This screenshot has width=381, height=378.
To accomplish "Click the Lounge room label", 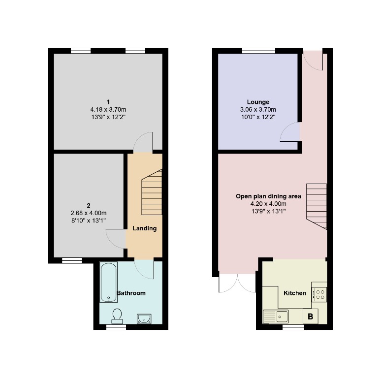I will coord(257,102).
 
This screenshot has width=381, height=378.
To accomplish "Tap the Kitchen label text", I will coord(295,293).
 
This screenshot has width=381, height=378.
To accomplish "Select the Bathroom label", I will coord(131,293).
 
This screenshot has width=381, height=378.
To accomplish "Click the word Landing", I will coord(144,228).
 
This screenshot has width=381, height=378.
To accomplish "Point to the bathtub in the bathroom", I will coord(108,282).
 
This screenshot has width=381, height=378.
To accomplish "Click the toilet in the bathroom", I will coord(117,315).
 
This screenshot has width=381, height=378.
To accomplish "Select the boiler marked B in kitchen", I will coord(310,316).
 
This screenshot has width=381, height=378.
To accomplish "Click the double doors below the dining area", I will coord(237,282).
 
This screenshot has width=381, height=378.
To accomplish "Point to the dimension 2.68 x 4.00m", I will coord(89,213).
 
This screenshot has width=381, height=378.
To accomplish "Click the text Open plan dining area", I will coord(268,196).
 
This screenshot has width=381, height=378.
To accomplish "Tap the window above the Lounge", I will coord(258,50).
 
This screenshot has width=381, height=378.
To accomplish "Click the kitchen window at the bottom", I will coord(293,326).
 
